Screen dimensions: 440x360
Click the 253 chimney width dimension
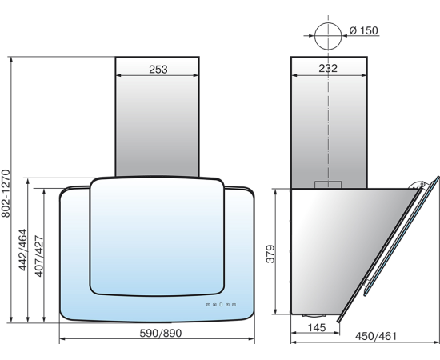coord(158,70)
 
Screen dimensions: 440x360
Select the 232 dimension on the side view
coord(328,68)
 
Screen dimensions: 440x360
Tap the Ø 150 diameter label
coord(364,30)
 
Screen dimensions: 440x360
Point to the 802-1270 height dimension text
coord(6,194)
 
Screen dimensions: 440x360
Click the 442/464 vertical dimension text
coord(22,250)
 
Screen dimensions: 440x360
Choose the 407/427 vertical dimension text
coord(39,256)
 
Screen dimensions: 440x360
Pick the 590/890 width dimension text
coord(161,333)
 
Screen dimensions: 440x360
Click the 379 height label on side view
coord(270,254)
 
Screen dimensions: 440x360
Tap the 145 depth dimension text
coord(317,327)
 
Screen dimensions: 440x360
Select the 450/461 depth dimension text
coord(376,336)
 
